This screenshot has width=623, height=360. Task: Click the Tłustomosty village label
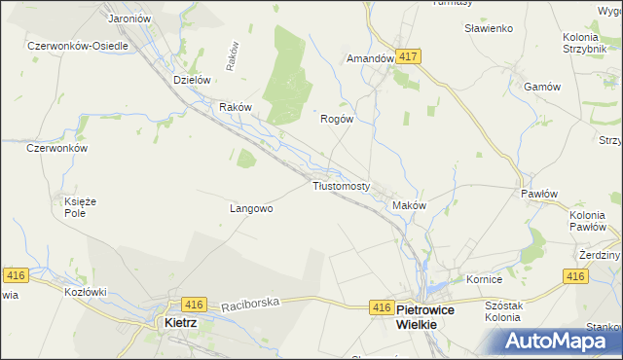341,186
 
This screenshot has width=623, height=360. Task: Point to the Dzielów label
192,80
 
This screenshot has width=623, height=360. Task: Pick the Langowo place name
251,208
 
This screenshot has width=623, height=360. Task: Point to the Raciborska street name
249,304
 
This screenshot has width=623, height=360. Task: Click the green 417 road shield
408,57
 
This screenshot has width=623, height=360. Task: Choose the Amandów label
370,58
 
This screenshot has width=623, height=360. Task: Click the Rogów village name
336,119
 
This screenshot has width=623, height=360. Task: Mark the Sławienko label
489,29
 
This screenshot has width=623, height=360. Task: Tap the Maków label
409,206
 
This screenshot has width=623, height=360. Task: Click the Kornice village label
483,279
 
